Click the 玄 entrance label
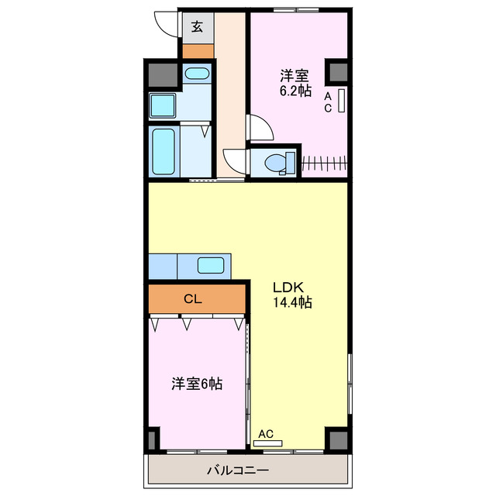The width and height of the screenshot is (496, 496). pos(197,27)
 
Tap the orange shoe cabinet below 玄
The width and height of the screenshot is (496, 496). pos(197,51)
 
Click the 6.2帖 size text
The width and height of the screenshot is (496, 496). pos(295,91)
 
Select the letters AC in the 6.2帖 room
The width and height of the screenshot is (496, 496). pos(328,102)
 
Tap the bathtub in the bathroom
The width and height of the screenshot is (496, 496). pos(163,150)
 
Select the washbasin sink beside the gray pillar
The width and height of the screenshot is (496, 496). pos(197,75)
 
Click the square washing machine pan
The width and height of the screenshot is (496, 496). pos(163,105)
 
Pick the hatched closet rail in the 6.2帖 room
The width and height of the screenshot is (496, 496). pos(323,163)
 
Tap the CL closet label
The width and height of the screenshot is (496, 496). pos(193,298)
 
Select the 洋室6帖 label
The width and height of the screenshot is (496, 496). pos(197,384)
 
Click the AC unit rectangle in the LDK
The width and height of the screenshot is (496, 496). pos(268,443)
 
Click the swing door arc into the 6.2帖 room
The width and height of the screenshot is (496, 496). pos(259,128)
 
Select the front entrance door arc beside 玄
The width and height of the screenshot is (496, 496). pos(166,24)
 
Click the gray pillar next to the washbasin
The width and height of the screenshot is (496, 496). pos(162,75)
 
